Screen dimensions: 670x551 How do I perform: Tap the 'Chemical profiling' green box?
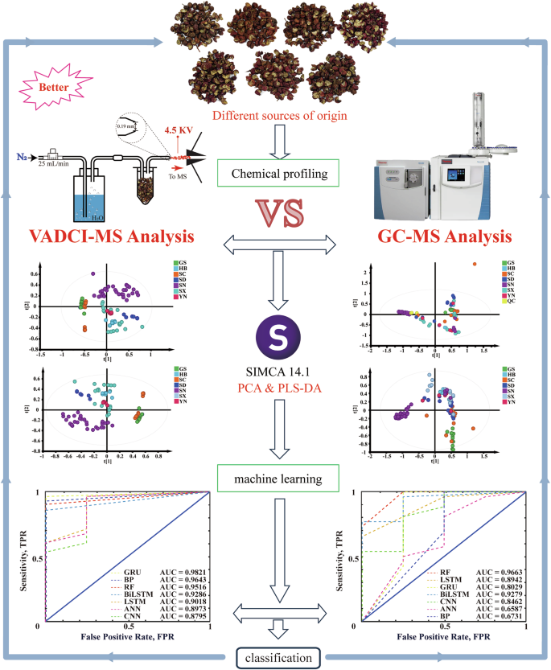275,172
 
